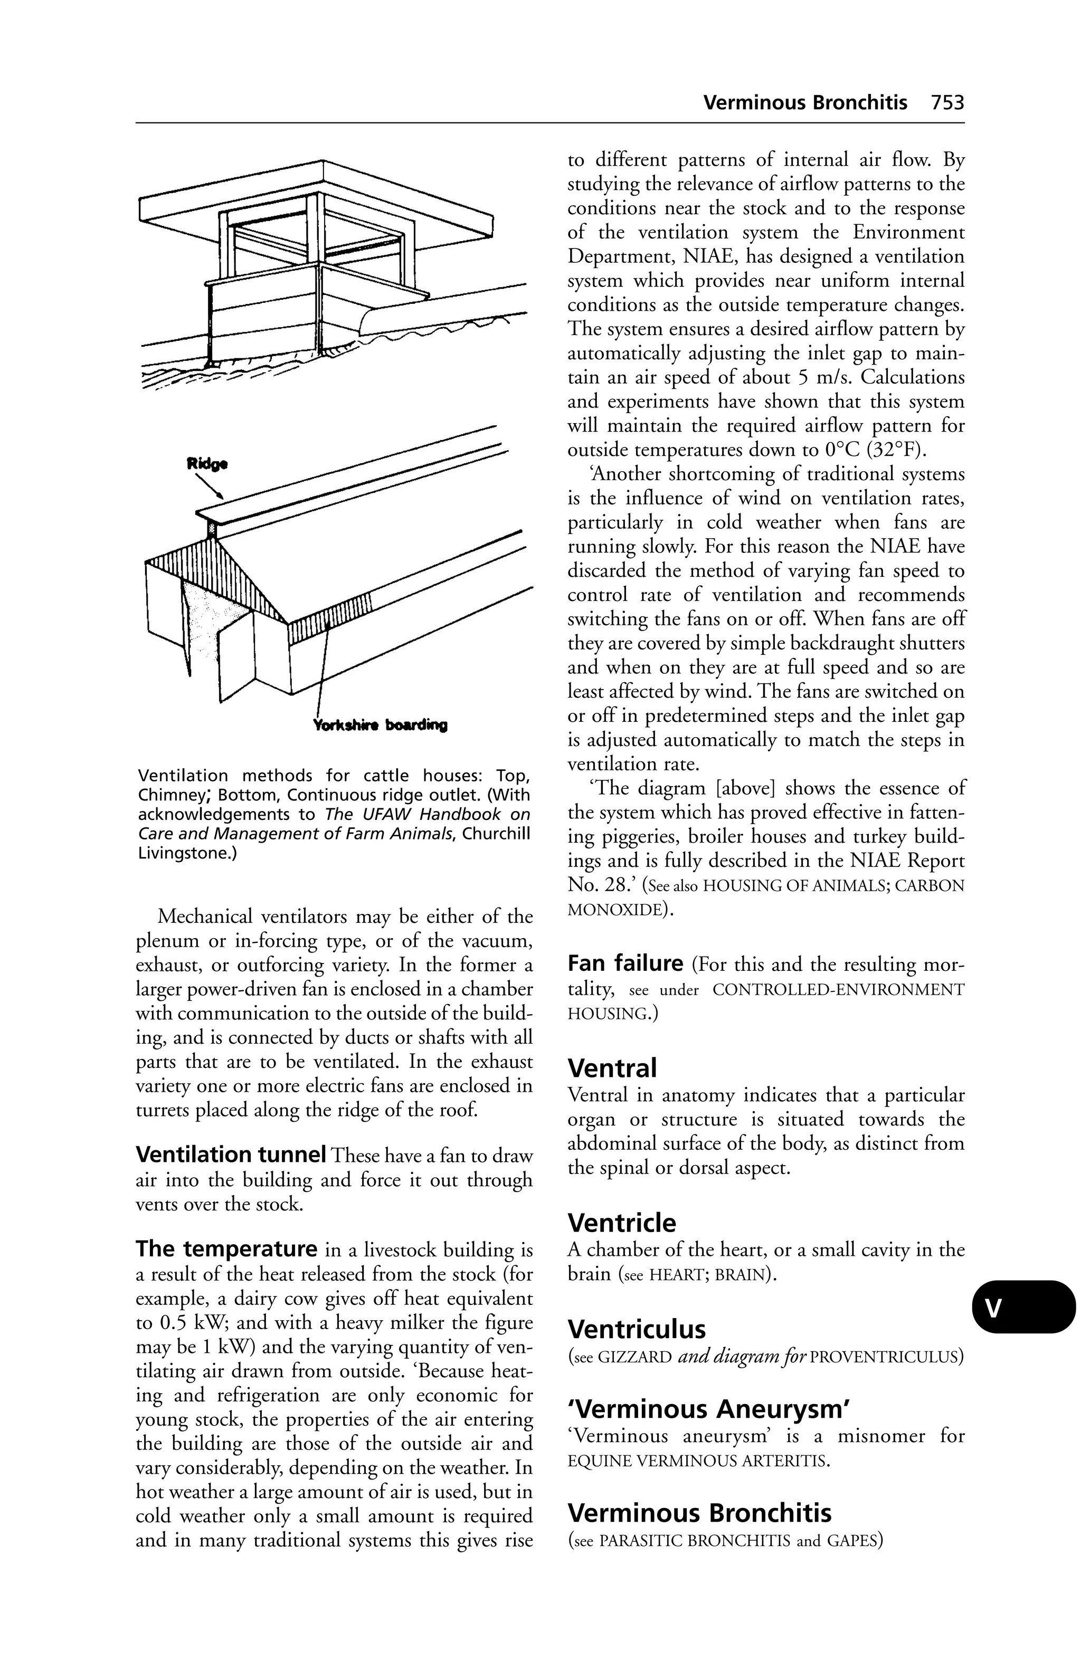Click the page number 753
point(947,103)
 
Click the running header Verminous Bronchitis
point(804,103)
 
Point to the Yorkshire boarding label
point(380,724)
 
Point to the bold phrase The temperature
point(226,1248)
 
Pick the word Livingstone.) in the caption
point(187,854)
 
